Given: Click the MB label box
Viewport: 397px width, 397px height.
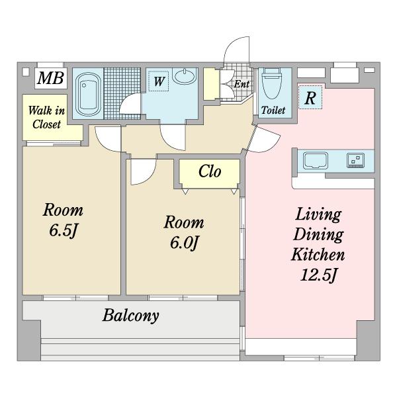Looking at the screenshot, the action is (51, 78).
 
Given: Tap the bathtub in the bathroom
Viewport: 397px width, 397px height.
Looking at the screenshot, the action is (88, 94).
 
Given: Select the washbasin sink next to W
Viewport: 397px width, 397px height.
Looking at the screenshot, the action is (185, 75).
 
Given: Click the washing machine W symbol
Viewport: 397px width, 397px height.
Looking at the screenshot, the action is (159, 81).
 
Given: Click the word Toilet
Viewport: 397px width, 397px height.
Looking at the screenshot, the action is (273, 110).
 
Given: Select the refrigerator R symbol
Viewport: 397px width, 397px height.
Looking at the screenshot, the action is (310, 97).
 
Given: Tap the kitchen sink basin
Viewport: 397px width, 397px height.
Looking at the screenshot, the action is (316, 160).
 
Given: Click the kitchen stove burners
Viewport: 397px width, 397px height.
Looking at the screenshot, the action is (356, 160).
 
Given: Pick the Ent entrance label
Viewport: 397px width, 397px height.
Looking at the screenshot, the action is (242, 84).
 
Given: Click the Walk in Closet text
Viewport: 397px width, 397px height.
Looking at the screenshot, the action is (46, 117).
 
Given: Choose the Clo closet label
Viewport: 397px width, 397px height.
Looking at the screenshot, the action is (210, 171).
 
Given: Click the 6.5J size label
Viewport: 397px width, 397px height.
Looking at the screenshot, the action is (63, 231).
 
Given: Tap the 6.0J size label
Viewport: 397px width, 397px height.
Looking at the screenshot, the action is (184, 243).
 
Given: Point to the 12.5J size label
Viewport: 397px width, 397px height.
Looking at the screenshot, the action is (318, 275).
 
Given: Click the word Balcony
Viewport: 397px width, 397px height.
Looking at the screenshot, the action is (130, 316).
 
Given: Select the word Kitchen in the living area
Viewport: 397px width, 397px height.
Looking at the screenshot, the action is (318, 255).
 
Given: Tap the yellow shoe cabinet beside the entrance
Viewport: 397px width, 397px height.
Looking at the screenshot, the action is (211, 84).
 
